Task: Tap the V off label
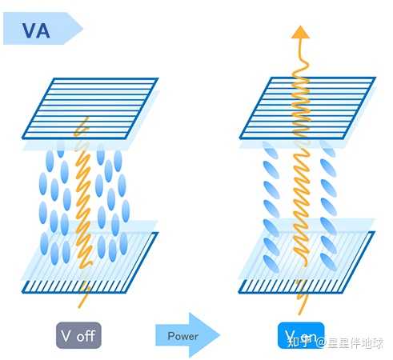pyautogui.click(x=78, y=334)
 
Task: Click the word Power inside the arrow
pyautogui.click(x=182, y=336)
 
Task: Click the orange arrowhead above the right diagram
pyautogui.click(x=301, y=32)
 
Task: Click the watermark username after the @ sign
pyautogui.click(x=355, y=343)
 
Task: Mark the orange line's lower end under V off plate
pyautogui.click(x=78, y=307)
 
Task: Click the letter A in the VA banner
pyautogui.click(x=46, y=31)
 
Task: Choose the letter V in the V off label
pyautogui.click(x=67, y=334)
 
